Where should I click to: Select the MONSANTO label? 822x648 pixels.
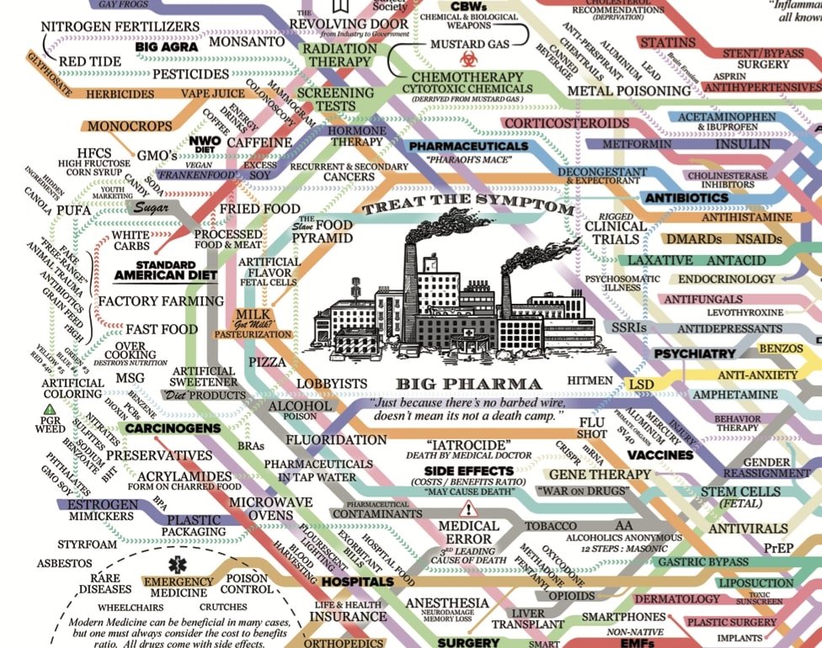coord(246,40)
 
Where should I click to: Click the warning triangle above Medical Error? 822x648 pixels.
coord(468,508)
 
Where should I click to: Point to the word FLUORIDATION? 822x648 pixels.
coord(336,439)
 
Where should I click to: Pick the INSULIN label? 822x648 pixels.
coord(742,144)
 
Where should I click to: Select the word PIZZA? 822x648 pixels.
coord(267,362)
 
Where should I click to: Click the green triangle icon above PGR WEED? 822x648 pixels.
coord(50,410)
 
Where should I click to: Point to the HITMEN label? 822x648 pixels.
coord(590,381)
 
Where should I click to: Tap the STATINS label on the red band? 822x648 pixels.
coord(667,43)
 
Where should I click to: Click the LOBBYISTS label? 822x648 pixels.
coord(332,384)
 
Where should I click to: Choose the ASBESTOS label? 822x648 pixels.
coord(64,563)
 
